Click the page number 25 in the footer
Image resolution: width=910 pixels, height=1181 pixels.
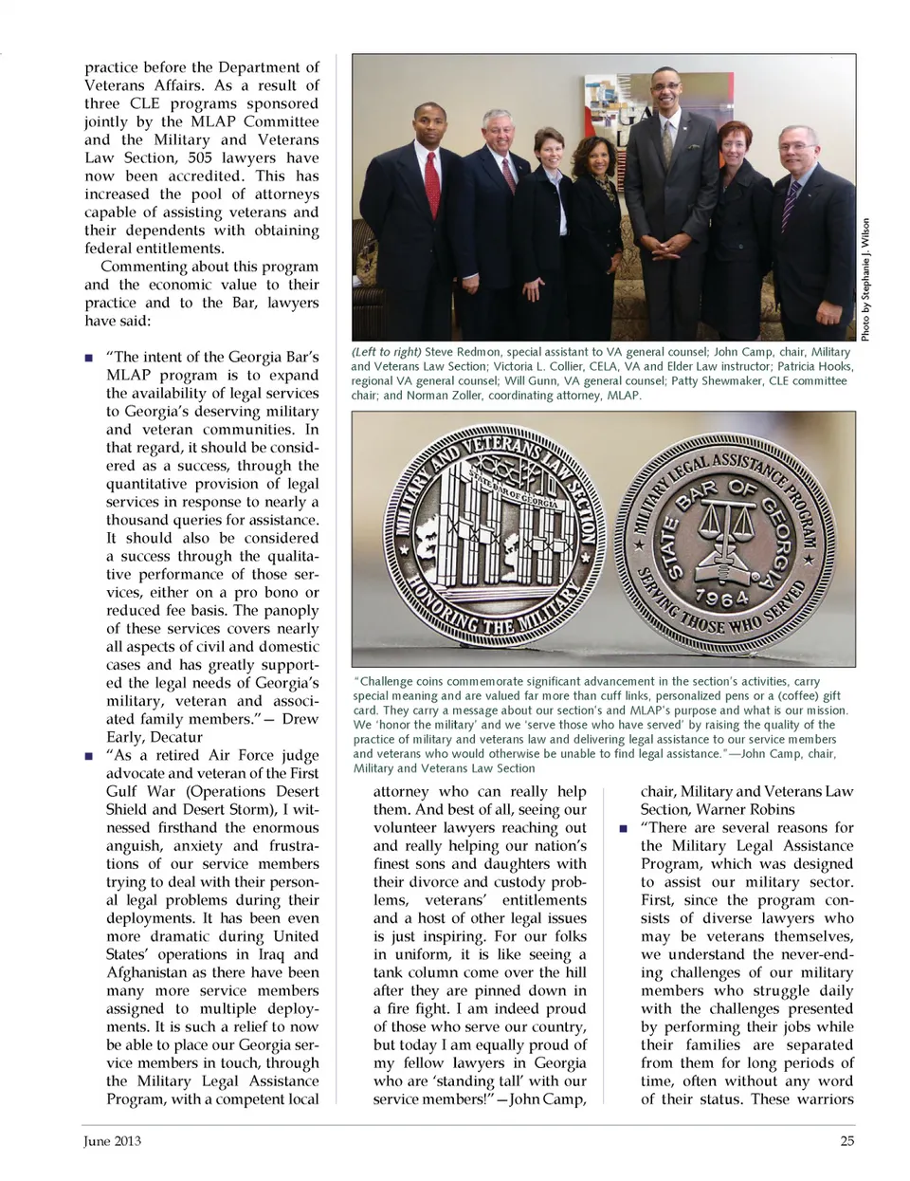(x=846, y=1140)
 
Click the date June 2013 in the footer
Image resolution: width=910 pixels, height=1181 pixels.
(x=112, y=1140)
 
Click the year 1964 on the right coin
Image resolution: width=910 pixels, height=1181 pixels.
(x=721, y=597)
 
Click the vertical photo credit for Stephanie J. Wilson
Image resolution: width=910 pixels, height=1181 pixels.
(x=864, y=280)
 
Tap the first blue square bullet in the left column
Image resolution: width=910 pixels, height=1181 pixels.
(x=89, y=358)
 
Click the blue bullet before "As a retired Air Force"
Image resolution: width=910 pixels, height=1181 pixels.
(x=89, y=756)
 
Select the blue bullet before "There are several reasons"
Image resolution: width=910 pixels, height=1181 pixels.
(x=623, y=828)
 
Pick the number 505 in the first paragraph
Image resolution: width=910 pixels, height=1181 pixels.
(x=199, y=157)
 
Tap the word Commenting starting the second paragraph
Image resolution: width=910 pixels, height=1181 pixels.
(x=140, y=267)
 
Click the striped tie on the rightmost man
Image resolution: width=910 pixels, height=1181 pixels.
(x=790, y=208)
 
